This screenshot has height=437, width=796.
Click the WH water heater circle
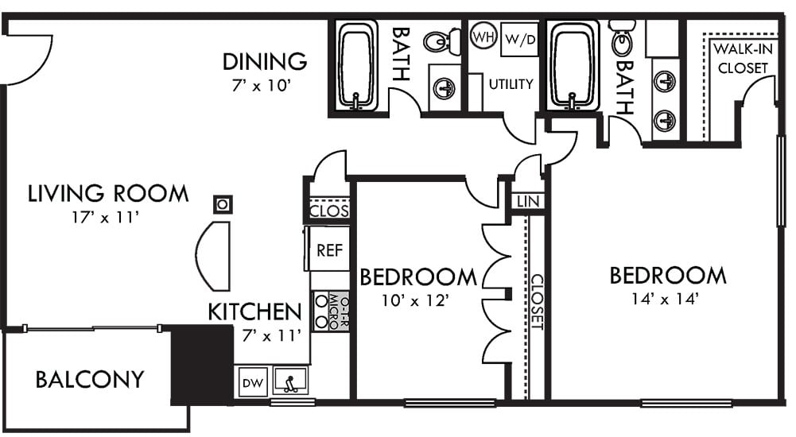[483, 37]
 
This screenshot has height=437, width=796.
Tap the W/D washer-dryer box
[520, 39]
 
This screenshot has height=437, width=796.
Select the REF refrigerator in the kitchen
[329, 249]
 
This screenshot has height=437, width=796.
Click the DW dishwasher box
[253, 382]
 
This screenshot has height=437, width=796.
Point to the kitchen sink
[290, 381]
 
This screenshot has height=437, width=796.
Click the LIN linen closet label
[528, 201]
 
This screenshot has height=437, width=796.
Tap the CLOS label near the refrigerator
[329, 211]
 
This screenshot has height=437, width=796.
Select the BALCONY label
[90, 379]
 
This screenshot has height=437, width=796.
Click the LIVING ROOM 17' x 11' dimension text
[106, 218]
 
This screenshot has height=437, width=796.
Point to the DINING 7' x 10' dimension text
[262, 85]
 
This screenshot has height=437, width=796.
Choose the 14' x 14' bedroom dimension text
[666, 299]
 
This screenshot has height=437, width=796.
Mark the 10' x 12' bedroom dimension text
[415, 300]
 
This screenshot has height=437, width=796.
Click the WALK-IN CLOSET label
[743, 58]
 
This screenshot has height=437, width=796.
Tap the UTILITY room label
[511, 84]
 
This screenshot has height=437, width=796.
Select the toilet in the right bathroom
[622, 37]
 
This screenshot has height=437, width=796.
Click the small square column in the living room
[223, 205]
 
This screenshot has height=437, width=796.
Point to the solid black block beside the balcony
[201, 365]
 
